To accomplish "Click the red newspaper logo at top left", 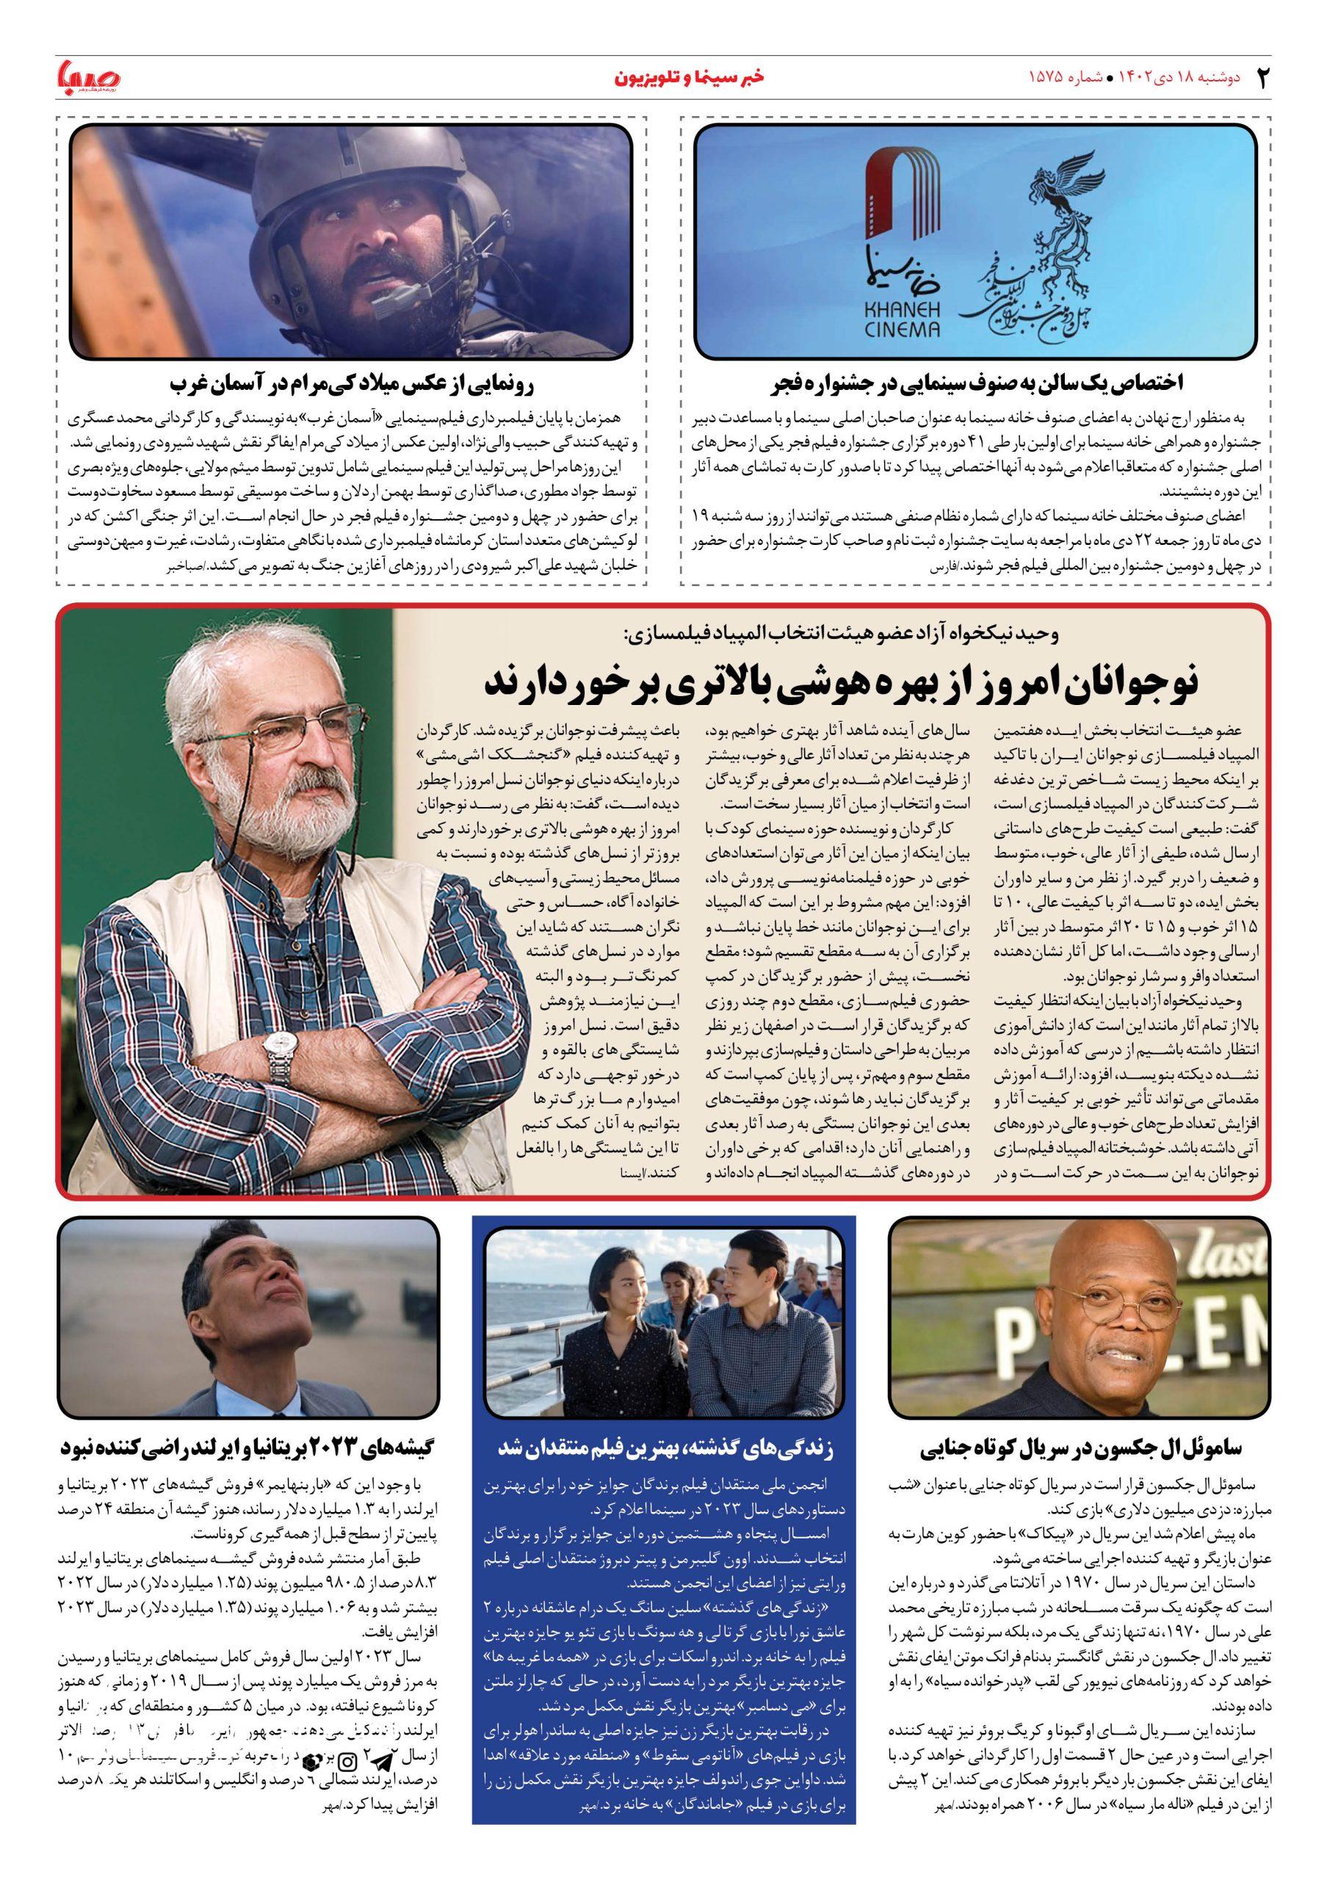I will click(88, 78).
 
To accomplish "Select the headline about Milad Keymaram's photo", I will click(352, 383).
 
